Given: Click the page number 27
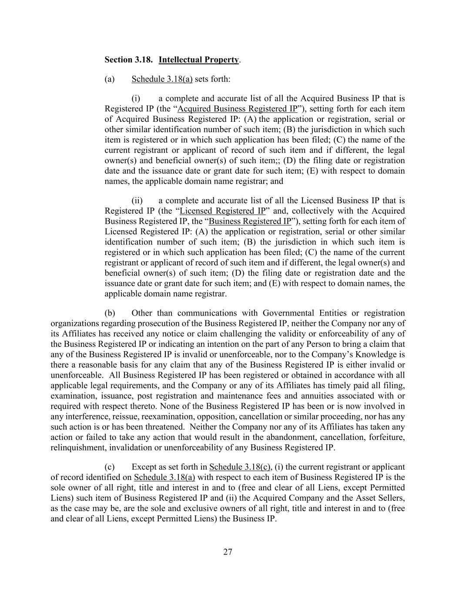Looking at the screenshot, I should pos(228,552).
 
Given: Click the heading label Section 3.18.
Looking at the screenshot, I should pos(128,60).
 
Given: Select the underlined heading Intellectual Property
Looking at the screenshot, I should pos(198,60).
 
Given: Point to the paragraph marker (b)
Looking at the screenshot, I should pos(110,313).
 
